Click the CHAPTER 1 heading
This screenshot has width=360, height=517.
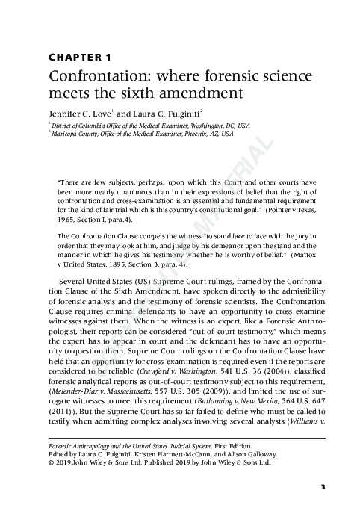tap(80, 57)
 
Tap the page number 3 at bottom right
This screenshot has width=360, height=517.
tap(323, 487)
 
